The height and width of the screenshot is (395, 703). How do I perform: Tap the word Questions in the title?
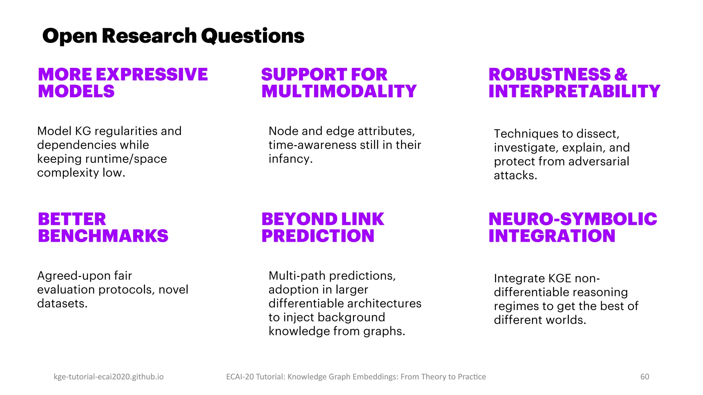(253, 36)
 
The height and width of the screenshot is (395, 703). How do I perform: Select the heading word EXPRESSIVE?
(152, 75)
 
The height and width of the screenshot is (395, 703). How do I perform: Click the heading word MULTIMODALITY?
(339, 92)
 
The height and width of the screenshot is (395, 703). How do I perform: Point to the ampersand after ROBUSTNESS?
(621, 75)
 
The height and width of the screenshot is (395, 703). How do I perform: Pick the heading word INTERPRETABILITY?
(574, 92)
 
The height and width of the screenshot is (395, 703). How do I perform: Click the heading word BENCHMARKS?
(103, 236)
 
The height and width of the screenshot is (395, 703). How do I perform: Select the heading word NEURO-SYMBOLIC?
(573, 219)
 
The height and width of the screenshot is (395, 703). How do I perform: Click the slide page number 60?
(645, 377)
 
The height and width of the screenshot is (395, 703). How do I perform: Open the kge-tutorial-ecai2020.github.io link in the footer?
(108, 377)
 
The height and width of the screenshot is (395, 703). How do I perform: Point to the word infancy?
(290, 159)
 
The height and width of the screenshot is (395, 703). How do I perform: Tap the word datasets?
(62, 304)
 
